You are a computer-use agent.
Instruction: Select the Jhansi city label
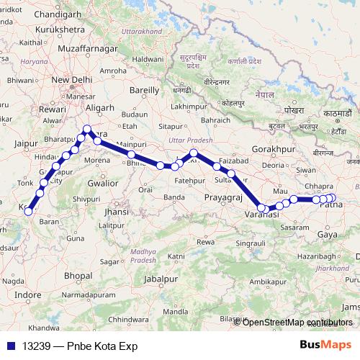[x=116, y=212]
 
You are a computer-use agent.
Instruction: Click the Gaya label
[x=328, y=235]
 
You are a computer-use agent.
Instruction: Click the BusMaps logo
[x=325, y=345]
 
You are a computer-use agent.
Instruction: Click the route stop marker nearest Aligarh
[x=87, y=130]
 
